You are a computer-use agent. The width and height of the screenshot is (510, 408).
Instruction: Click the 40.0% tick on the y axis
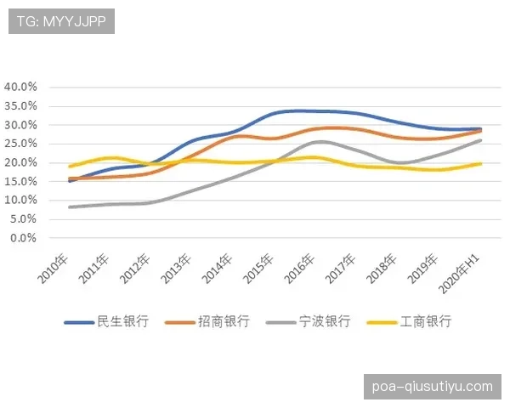[20, 87]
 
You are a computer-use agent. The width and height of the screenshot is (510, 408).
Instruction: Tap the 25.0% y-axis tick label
[20, 144]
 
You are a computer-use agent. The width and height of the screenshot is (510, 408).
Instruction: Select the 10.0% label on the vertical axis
[20, 201]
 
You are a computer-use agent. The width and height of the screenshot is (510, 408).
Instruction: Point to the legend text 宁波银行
[325, 321]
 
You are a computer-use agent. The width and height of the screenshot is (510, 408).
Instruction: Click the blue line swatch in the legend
[78, 322]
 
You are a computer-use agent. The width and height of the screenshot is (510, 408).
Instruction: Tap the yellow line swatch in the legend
[380, 322]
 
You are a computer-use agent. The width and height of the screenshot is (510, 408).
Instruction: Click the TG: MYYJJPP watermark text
[61, 21]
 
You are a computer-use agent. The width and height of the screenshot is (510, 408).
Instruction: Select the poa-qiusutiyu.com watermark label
[432, 387]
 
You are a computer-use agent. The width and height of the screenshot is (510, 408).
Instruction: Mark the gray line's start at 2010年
[70, 207]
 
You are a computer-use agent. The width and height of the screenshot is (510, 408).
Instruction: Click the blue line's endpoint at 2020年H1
[481, 129]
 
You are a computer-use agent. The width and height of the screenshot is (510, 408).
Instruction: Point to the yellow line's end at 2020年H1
[481, 163]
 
